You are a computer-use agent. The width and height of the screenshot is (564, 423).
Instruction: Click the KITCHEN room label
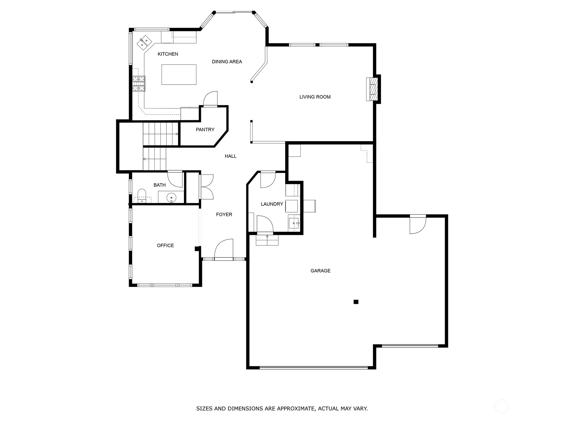[x=167, y=54]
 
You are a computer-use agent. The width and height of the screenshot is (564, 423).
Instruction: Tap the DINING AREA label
[x=227, y=62]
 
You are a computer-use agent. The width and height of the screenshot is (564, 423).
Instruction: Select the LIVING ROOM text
[x=315, y=97]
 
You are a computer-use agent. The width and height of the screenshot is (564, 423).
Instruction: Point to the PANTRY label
[x=205, y=129]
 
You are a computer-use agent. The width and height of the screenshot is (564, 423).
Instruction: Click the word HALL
[x=231, y=156]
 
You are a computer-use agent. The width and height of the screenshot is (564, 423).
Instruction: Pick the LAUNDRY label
[x=272, y=204]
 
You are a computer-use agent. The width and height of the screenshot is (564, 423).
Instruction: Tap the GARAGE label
[x=320, y=270]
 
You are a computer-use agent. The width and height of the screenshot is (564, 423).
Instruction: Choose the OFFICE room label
[x=165, y=246]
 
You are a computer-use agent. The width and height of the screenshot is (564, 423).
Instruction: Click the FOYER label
[x=224, y=214]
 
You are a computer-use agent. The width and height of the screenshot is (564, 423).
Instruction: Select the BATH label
[x=160, y=185]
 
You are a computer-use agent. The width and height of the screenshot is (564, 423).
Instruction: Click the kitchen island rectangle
[x=179, y=74]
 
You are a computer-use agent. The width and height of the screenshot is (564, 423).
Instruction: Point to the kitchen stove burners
[x=139, y=84]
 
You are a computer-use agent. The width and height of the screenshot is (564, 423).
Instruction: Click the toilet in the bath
[x=142, y=196]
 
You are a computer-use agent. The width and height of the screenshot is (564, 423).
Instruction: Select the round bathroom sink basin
[x=171, y=198]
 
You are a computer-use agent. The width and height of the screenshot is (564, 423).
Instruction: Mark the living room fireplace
[x=373, y=89]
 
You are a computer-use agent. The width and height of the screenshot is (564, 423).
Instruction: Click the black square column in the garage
[x=356, y=302]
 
